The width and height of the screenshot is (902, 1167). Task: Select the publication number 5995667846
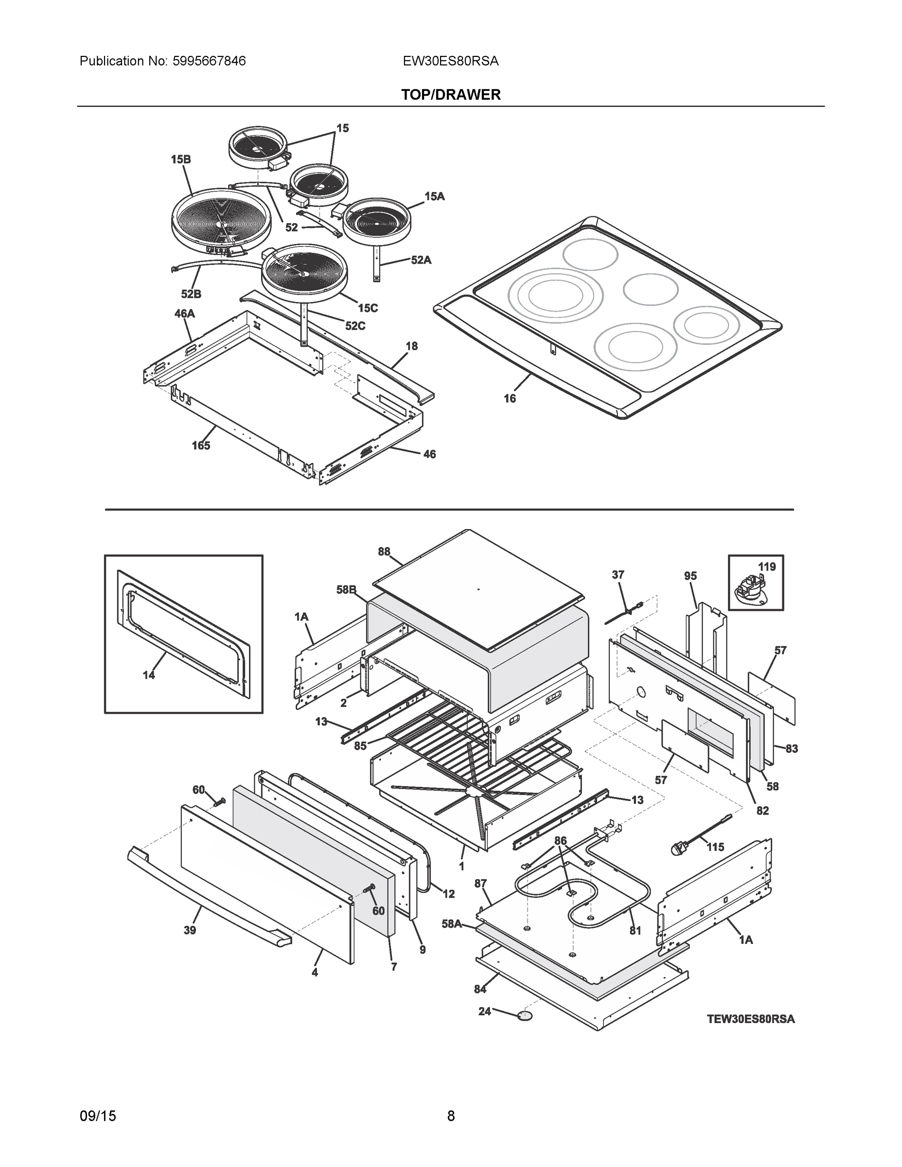tap(209, 61)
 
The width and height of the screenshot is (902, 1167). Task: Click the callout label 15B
tap(180, 159)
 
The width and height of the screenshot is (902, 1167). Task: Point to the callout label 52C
tap(355, 326)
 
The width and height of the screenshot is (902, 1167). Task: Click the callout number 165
tap(201, 445)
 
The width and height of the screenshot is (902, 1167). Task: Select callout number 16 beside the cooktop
tap(509, 398)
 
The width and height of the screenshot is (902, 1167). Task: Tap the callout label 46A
tap(184, 314)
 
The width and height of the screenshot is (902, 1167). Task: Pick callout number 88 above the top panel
tap(384, 551)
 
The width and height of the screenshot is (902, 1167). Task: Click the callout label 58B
tap(346, 589)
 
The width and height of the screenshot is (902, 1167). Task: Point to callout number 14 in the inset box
tap(149, 675)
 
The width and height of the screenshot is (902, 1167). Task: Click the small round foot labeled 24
tap(525, 1015)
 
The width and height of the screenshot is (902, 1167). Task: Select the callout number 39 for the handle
tap(189, 930)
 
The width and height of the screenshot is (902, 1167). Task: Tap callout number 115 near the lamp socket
tap(715, 847)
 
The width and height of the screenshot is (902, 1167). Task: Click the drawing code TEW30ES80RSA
tap(750, 1019)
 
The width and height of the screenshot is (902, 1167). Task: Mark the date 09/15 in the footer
tap(97, 1116)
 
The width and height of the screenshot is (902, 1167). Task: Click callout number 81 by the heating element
tap(635, 930)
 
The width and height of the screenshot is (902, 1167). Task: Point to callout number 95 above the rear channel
tap(690, 576)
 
